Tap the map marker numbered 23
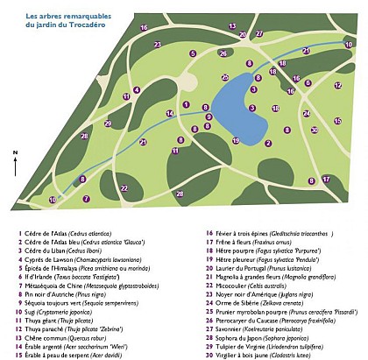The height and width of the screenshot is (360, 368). pyautogui.click(x=157, y=43)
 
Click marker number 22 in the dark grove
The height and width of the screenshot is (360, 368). pyautogui.click(x=124, y=187)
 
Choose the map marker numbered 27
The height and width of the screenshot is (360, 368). pyautogui.click(x=258, y=33)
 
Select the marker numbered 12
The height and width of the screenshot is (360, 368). pyautogui.click(x=337, y=86)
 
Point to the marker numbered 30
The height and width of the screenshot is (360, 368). pyautogui.click(x=314, y=130)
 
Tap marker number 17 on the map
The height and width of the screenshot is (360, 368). pyautogui.click(x=326, y=180)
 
